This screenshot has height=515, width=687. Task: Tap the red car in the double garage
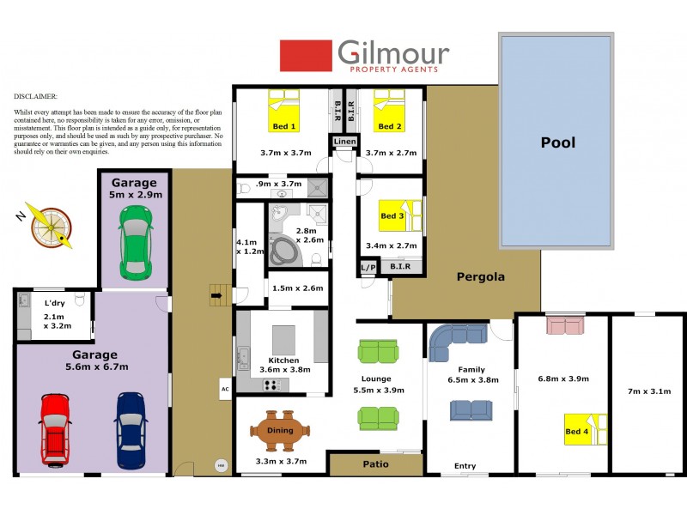(55, 429)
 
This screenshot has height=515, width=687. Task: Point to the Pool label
(557, 143)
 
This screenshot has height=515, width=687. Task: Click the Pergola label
(480, 277)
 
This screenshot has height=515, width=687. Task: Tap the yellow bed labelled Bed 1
(284, 116)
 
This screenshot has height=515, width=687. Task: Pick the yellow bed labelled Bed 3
(400, 216)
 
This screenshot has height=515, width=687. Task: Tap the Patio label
(375, 464)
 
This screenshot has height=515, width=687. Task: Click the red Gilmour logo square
(306, 56)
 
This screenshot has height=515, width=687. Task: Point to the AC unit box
(226, 389)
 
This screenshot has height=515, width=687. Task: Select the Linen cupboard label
(343, 141)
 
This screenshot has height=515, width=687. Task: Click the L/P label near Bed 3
(368, 268)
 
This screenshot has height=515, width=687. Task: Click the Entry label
(465, 466)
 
